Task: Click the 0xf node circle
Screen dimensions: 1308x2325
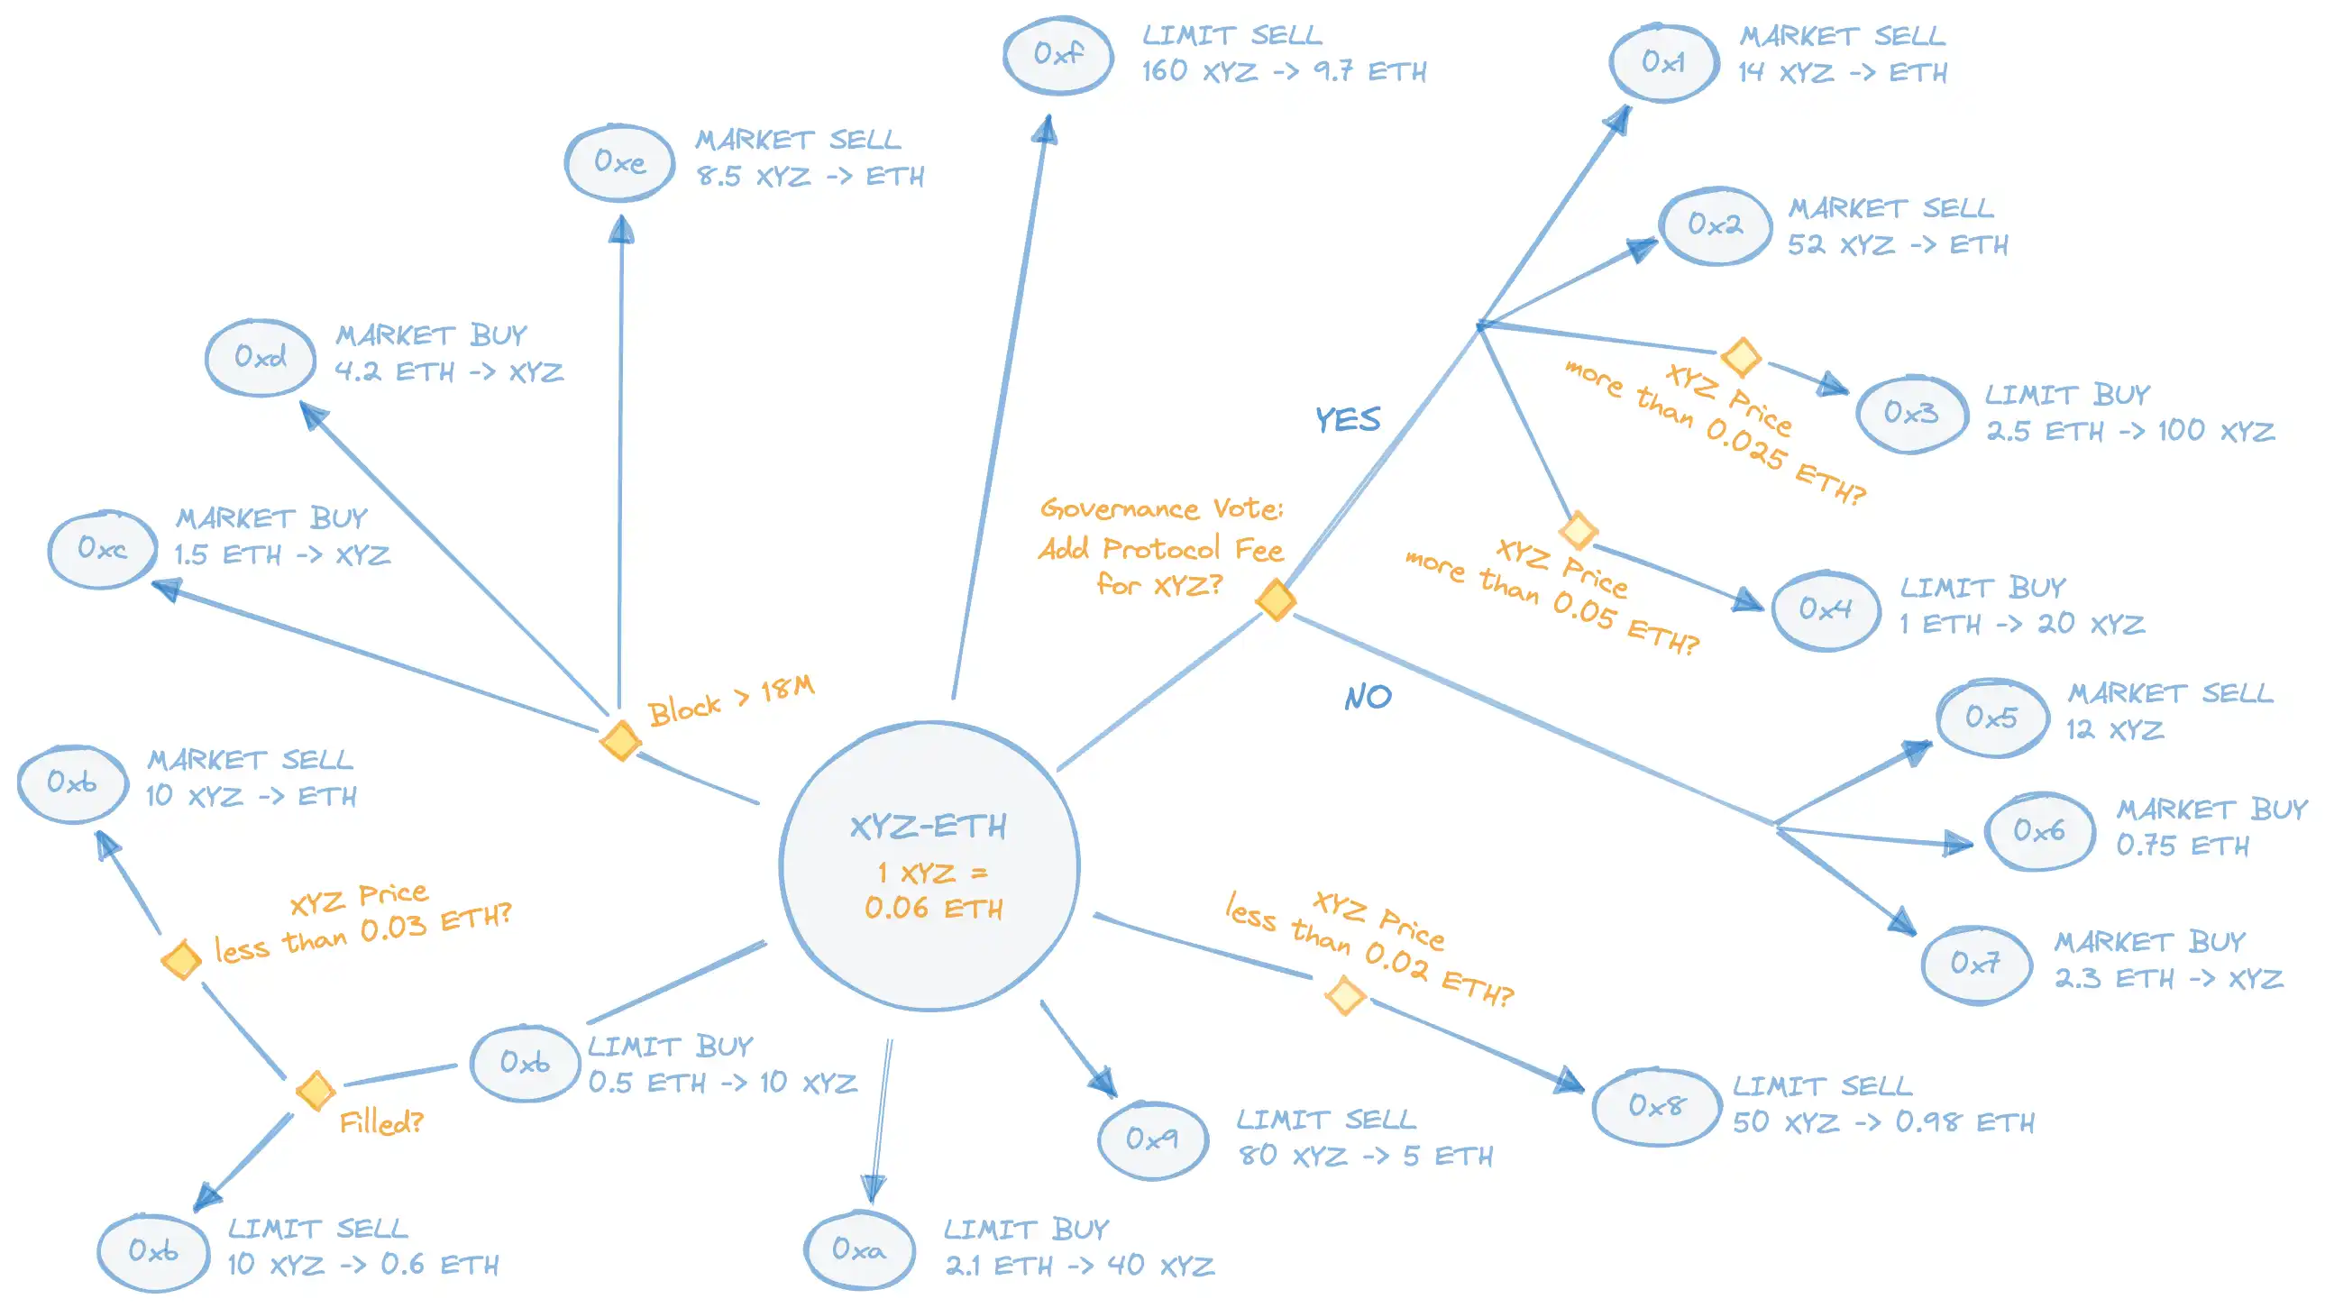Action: pyautogui.click(x=1057, y=54)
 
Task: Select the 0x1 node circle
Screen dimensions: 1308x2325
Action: pyautogui.click(x=1663, y=62)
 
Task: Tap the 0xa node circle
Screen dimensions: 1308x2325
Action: pyautogui.click(x=858, y=1250)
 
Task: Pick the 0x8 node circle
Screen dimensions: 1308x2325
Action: pyautogui.click(x=1656, y=1106)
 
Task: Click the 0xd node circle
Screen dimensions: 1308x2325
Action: pyautogui.click(x=260, y=357)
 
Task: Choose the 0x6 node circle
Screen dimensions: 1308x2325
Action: pyautogui.click(x=2039, y=830)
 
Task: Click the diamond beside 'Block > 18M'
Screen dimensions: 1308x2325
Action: pyautogui.click(x=620, y=740)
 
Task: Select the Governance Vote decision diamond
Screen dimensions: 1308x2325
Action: pyautogui.click(x=1277, y=599)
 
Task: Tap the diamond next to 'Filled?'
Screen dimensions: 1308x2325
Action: pyautogui.click(x=315, y=1091)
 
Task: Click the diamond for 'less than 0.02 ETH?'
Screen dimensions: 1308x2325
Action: pyautogui.click(x=1345, y=996)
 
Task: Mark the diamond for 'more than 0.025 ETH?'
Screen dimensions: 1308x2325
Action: pyautogui.click(x=1741, y=356)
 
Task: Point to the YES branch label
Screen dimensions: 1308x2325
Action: pyautogui.click(x=1348, y=420)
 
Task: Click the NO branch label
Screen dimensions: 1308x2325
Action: pyautogui.click(x=1368, y=697)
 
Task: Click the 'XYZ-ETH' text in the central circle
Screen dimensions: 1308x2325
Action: pyautogui.click(x=928, y=826)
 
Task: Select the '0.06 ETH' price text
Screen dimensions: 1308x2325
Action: pyautogui.click(x=933, y=908)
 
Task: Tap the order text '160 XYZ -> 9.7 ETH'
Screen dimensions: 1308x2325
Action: pyautogui.click(x=1284, y=71)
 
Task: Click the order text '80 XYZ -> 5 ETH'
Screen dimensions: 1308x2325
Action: pyautogui.click(x=1365, y=1157)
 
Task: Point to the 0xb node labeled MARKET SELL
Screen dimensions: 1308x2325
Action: pyautogui.click(x=72, y=782)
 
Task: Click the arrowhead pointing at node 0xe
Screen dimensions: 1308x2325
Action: pyautogui.click(x=621, y=229)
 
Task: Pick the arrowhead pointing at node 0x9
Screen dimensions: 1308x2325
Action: pyautogui.click(x=1103, y=1081)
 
